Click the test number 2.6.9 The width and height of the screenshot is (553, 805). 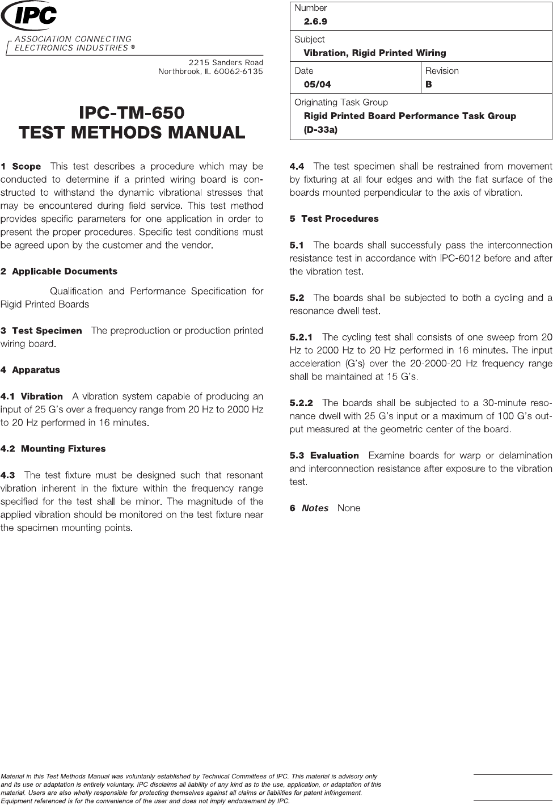(x=315, y=22)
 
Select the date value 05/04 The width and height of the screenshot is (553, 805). (x=317, y=85)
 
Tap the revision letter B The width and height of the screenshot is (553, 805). (x=429, y=85)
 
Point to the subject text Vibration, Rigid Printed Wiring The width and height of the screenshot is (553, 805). (x=374, y=53)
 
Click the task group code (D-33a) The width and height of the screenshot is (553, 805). (x=320, y=129)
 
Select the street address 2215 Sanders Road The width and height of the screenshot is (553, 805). (x=226, y=62)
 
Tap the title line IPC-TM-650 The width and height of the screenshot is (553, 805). (x=132, y=112)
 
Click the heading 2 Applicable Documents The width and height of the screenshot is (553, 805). (x=59, y=271)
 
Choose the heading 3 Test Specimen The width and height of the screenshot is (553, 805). (x=41, y=330)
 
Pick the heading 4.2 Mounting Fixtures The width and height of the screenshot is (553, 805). (x=53, y=449)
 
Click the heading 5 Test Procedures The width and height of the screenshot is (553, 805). (x=334, y=218)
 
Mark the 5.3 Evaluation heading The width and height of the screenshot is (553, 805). (x=324, y=456)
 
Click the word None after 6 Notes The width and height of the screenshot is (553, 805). (x=349, y=508)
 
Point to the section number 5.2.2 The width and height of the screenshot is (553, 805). (x=301, y=403)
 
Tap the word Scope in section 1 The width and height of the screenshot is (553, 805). (x=27, y=166)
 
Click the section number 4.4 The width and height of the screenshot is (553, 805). (x=297, y=166)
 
